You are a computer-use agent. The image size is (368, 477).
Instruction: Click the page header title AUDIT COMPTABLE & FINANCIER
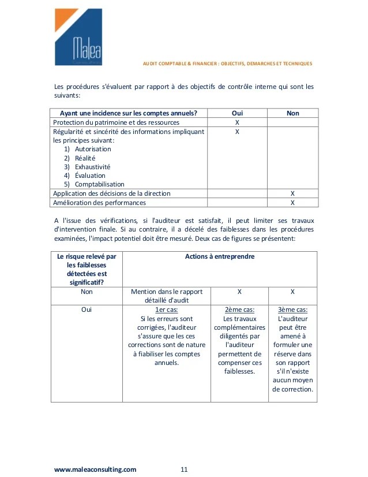227,64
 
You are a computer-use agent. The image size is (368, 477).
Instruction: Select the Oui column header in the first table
237,113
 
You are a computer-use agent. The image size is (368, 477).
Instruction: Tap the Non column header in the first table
292,113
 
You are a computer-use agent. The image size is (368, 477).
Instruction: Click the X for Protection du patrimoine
237,122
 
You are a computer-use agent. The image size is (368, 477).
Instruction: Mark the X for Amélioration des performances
292,203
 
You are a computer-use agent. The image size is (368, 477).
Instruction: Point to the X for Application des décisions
292,193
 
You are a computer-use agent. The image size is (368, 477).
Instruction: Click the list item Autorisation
93,149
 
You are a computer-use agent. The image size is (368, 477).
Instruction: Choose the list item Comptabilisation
99,185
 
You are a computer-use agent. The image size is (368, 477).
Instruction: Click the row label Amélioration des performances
99,203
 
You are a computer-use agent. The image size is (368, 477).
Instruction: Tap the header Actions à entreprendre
220,256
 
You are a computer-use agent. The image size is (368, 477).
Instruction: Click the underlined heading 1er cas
167,310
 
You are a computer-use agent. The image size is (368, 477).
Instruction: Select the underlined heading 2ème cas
239,310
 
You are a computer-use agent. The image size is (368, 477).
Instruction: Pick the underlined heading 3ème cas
292,310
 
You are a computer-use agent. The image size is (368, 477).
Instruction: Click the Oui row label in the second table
87,310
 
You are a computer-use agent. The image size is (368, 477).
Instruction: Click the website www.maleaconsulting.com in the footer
95,469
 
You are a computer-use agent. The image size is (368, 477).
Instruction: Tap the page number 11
185,469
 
